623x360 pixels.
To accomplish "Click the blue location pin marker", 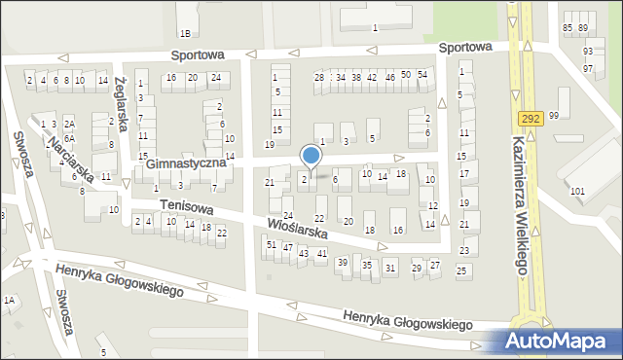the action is point(311,157).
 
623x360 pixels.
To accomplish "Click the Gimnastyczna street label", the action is point(187,163).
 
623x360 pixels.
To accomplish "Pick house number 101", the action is point(577,191).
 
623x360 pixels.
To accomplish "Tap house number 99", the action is point(554,116).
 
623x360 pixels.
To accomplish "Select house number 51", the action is point(272,245).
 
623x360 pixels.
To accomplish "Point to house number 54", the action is point(421,75).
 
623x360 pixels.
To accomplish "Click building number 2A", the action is point(69,125).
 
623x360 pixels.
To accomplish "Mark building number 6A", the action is point(69,139).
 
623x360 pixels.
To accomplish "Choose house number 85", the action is point(568,29).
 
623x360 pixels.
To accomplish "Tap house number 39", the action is point(343,263).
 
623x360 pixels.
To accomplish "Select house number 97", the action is point(588,69).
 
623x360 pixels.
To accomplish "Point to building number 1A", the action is point(9,301).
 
